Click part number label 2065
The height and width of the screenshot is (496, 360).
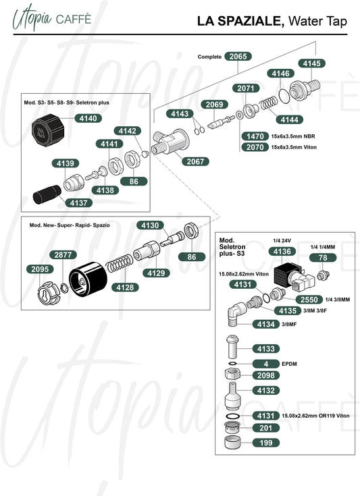pyautogui.click(x=238, y=56)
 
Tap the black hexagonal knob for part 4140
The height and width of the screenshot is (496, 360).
pyautogui.click(x=48, y=130)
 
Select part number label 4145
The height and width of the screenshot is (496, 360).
pyautogui.click(x=312, y=63)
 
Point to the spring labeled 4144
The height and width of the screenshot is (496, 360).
pyautogui.click(x=268, y=103)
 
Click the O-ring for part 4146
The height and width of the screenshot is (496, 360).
pyautogui.click(x=284, y=96)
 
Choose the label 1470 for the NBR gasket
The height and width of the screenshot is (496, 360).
pyautogui.click(x=255, y=136)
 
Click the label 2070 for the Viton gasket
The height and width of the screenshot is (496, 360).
pyautogui.click(x=255, y=147)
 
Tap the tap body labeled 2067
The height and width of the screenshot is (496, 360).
pyautogui.click(x=170, y=142)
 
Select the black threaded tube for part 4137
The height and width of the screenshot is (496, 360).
pyautogui.click(x=47, y=194)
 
